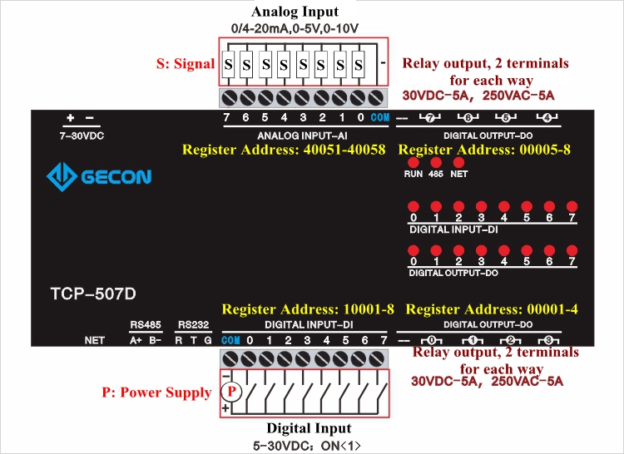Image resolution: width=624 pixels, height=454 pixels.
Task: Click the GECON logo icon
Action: (x=61, y=176)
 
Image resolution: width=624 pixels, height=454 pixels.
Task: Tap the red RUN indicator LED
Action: (x=414, y=163)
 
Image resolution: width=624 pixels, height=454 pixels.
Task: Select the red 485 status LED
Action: (x=435, y=163)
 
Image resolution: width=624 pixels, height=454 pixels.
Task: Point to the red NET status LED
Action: (x=458, y=163)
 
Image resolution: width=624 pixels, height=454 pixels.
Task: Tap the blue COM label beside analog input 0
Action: (x=380, y=117)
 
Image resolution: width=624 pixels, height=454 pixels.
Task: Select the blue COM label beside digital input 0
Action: (x=231, y=340)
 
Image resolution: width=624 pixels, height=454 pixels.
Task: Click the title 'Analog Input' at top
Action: (x=295, y=12)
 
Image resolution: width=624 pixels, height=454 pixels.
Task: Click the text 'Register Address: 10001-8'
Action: (x=308, y=309)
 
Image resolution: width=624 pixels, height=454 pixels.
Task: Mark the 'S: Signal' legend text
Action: (x=186, y=63)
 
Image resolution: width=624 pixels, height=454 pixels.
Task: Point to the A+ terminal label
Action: (x=135, y=340)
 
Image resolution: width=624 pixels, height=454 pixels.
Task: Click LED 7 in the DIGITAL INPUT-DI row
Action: (x=572, y=205)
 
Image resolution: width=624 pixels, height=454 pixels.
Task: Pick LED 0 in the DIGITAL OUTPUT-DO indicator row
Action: (x=414, y=249)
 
